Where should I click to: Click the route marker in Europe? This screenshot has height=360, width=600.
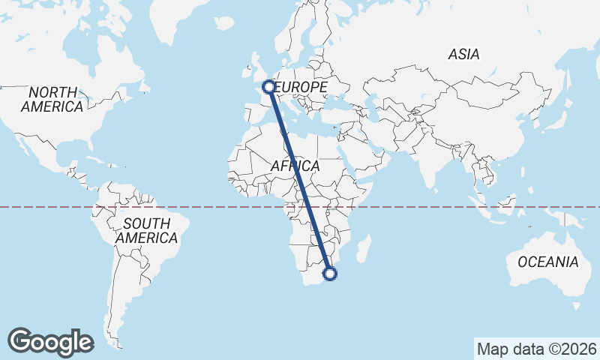[268, 87]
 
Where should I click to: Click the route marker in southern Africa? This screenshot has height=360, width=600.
[329, 274]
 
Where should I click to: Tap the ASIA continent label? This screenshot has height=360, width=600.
[463, 54]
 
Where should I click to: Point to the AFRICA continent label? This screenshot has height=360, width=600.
[295, 166]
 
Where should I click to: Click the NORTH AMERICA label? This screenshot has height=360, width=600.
[52, 99]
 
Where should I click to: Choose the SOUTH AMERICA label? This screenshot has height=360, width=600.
[147, 230]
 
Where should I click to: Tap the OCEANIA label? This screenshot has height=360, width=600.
[548, 262]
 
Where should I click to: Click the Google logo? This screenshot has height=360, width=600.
[50, 341]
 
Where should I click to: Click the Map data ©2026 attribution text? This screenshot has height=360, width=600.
[536, 349]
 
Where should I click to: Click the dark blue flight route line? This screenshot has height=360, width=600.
[298, 180]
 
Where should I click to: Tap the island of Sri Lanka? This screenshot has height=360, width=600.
[435, 185]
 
